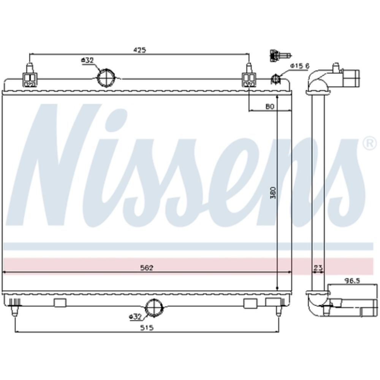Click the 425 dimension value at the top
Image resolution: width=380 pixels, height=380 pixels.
tap(139, 50)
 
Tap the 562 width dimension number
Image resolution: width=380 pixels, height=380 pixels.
tap(146, 268)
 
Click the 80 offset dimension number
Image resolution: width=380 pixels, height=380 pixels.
tap(269, 107)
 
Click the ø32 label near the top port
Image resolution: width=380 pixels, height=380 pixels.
tap(87, 60)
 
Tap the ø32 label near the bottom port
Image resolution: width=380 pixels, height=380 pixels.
tap(135, 316)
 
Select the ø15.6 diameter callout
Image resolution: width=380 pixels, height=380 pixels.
tap(300, 66)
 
